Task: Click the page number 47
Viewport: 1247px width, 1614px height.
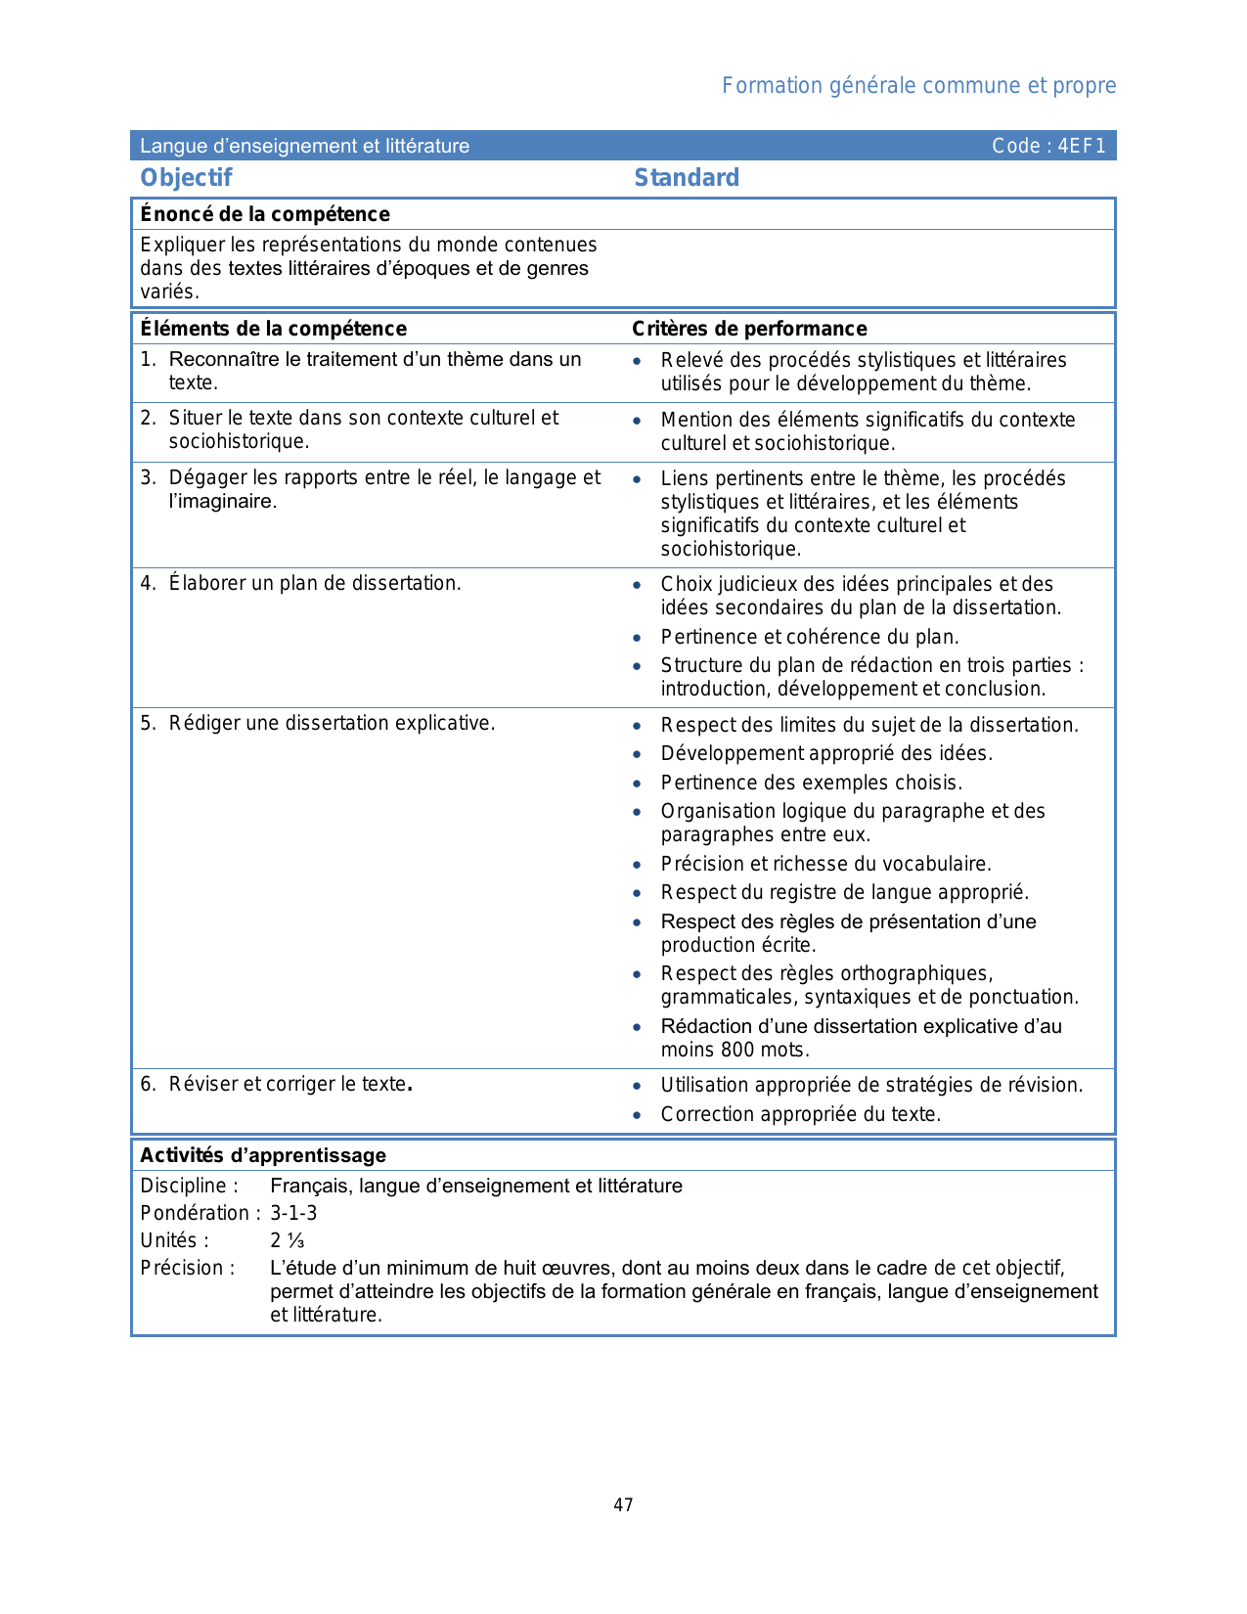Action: point(623,1504)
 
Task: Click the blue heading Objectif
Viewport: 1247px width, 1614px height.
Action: point(186,177)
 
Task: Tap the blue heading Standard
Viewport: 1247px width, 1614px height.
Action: point(687,177)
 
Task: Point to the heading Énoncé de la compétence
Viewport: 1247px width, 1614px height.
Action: point(265,214)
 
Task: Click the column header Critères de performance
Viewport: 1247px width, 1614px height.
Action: point(749,329)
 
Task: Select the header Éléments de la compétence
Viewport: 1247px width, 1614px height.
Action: point(273,329)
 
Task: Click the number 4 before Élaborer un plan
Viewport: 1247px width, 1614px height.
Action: point(147,583)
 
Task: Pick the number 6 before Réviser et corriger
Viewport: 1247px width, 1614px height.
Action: point(147,1084)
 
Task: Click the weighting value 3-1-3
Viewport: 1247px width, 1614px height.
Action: point(293,1213)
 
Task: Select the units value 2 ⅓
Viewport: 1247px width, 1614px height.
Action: point(288,1240)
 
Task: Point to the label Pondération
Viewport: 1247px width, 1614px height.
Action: point(195,1213)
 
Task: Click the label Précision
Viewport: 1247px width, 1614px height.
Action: point(187,1268)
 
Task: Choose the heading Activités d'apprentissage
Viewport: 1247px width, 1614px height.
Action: point(263,1155)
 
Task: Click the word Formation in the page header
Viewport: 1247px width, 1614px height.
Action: point(772,86)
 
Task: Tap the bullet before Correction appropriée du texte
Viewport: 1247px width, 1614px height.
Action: point(637,1115)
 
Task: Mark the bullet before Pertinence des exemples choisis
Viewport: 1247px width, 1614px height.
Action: point(637,784)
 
